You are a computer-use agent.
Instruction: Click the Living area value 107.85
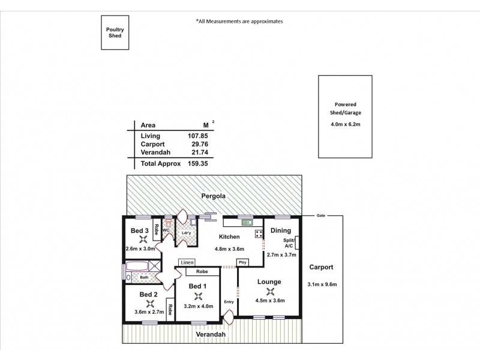197,136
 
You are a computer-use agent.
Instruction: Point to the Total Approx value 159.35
197,163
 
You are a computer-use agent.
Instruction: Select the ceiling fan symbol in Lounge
269,291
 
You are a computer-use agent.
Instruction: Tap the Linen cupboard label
187,262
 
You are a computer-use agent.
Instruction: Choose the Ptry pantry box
243,262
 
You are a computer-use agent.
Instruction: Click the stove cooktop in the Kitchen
259,233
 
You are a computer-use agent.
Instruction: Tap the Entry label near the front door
229,301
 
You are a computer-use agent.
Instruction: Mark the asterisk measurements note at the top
239,21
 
